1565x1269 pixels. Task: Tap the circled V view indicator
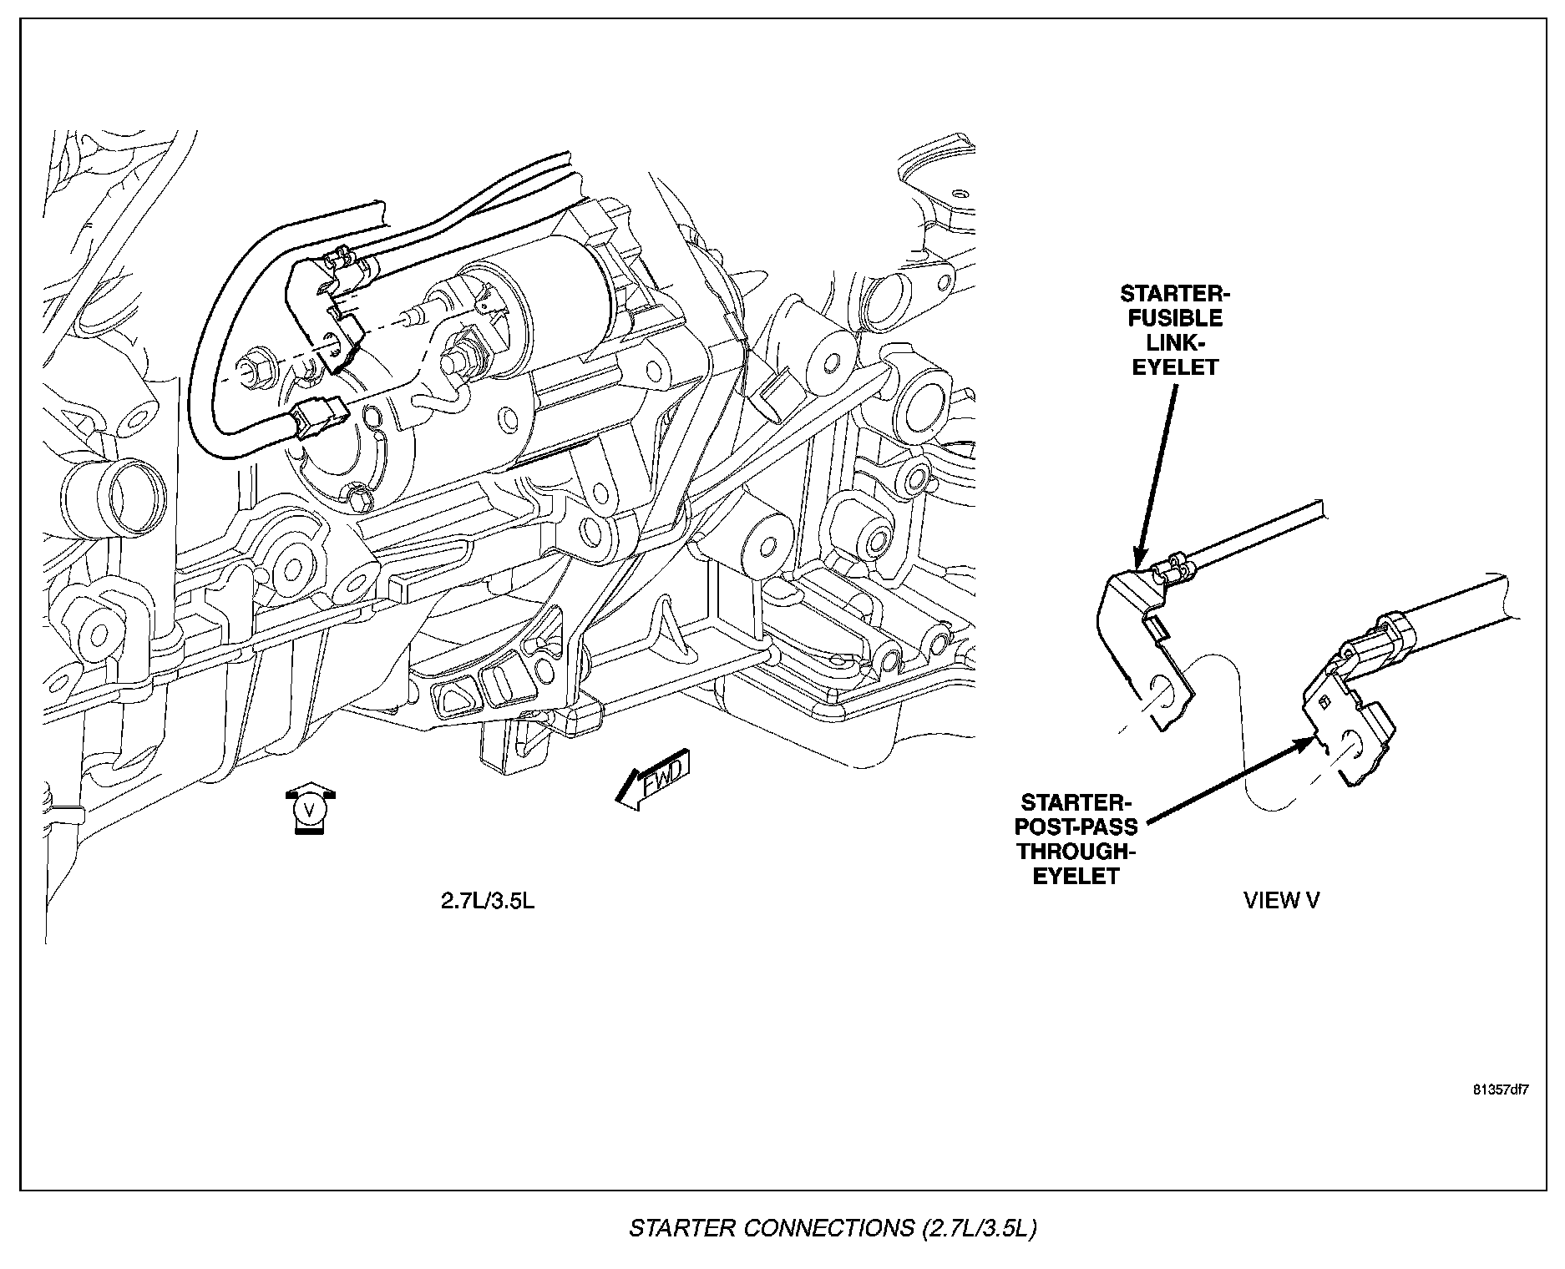tap(310, 809)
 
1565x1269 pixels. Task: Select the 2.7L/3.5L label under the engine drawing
tap(488, 902)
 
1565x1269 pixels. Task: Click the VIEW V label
tap(1282, 900)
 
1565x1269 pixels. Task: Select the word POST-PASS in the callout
tap(1077, 827)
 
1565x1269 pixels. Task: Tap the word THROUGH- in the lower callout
tap(1077, 852)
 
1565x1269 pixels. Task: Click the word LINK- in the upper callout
tap(1175, 342)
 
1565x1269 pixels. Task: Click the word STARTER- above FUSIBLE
tap(1175, 294)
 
